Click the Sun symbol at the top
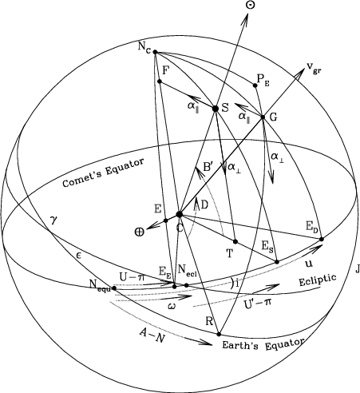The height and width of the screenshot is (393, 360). coord(251,5)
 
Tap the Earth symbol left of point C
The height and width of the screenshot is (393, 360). coord(139,232)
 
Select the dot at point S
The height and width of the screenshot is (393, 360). coord(216,109)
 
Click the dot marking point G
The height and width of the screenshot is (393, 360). coord(263,117)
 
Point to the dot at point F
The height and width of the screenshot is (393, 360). coord(160,81)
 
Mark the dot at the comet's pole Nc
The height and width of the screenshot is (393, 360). coord(155,52)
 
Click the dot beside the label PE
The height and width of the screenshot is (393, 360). coord(255,85)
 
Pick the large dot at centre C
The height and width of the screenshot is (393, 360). coord(180,214)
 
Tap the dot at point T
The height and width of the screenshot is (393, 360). coord(235,241)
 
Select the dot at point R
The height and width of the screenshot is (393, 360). coord(219,334)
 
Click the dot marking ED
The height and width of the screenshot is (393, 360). coord(322,239)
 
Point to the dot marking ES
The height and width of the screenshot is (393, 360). coord(277,262)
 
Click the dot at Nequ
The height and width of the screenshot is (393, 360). coord(114,288)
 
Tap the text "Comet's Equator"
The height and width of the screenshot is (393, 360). coord(103,173)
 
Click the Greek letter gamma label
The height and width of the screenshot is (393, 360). coord(54,221)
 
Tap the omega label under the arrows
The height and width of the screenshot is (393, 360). coord(172,307)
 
